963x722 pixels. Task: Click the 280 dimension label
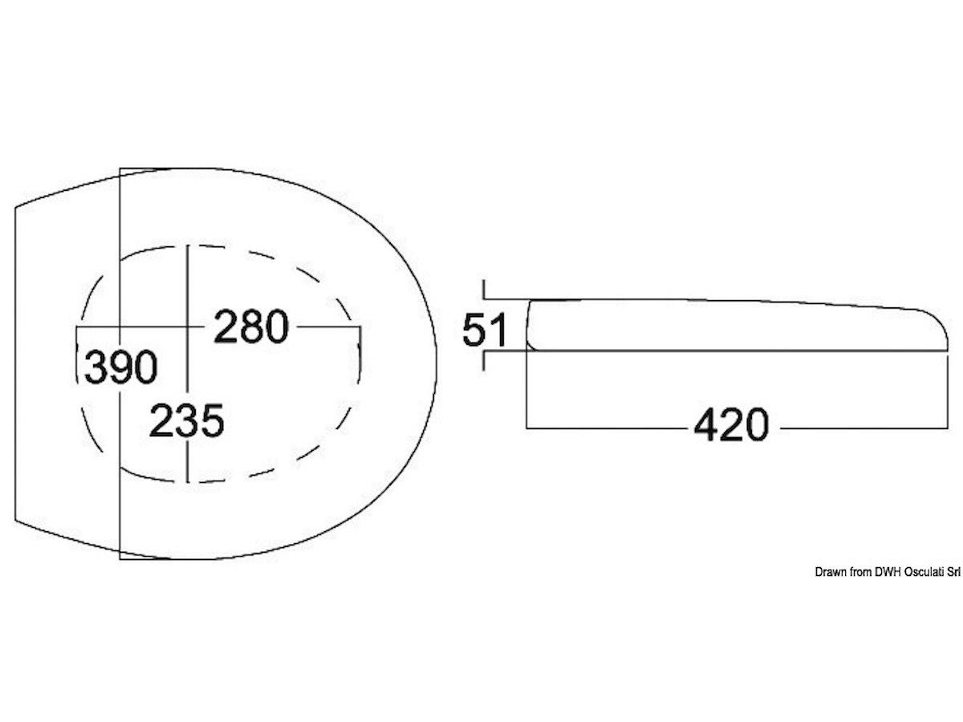coord(251,327)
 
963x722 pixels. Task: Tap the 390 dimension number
coord(120,367)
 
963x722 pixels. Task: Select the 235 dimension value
coord(187,421)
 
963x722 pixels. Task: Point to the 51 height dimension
coord(485,330)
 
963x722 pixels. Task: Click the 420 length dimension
coord(731,424)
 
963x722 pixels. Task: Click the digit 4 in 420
coord(706,424)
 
